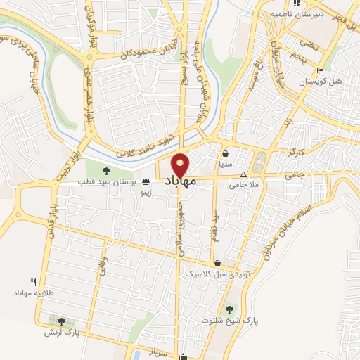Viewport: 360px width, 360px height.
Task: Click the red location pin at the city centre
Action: [x=181, y=165]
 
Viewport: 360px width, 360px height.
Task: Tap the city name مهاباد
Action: [x=181, y=182]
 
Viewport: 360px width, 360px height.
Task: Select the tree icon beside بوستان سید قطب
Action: [x=107, y=170]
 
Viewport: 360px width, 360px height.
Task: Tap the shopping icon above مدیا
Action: [x=225, y=153]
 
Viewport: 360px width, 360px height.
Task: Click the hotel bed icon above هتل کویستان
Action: [x=321, y=70]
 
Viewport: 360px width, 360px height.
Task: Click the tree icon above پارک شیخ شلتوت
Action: [x=230, y=308]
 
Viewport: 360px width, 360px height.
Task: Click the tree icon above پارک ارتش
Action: [x=61, y=321]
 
